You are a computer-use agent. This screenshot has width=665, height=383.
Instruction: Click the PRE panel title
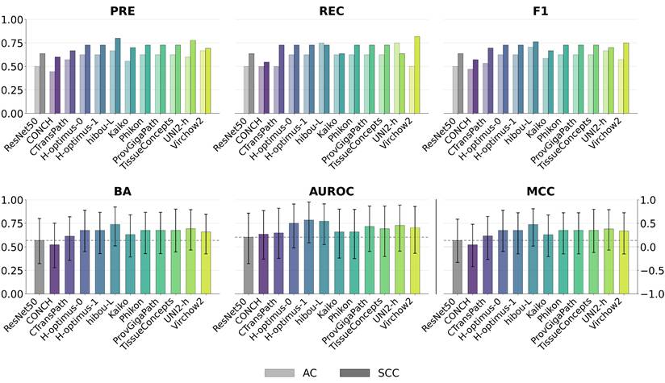coord(123,11)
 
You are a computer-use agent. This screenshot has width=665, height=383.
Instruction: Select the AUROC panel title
coord(332,192)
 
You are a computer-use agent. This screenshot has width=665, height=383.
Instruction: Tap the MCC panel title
coord(541,192)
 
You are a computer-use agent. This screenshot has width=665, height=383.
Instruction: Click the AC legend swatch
coord(279,373)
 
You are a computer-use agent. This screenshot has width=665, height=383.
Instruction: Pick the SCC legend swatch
coord(354,373)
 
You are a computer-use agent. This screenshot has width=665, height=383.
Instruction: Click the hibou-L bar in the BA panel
coord(115,259)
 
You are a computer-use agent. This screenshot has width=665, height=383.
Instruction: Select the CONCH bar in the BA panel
coord(55,269)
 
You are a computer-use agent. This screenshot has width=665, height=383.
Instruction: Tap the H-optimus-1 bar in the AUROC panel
coord(309,256)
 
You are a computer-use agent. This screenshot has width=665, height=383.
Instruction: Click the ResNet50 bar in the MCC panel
coord(458,267)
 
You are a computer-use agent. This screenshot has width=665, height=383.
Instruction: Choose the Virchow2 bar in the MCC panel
coord(624,262)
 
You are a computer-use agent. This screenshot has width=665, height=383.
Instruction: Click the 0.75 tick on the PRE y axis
coord(12,44)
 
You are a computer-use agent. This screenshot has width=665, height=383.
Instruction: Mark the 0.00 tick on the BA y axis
coord(12,294)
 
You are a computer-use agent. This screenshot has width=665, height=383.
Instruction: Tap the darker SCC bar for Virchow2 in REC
coord(417,75)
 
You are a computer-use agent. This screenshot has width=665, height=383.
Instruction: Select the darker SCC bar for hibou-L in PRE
coord(118,76)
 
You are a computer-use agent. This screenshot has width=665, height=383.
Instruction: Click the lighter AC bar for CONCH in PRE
coord(52,93)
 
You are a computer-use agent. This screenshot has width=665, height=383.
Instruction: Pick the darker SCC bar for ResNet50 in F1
coord(461,84)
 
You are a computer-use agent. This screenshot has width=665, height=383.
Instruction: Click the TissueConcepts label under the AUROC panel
coord(356,318)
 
